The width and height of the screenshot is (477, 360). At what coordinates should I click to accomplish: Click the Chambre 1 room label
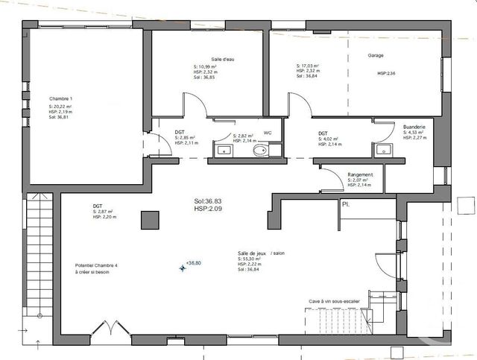pyautogui.click(x=60, y=99)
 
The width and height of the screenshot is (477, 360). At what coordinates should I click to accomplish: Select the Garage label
pyautogui.click(x=376, y=56)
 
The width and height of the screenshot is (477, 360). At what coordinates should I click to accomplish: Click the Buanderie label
pyautogui.click(x=414, y=127)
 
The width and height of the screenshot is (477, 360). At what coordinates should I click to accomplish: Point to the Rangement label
pyautogui.click(x=361, y=174)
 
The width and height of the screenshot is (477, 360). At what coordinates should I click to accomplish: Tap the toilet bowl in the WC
pyautogui.click(x=259, y=151)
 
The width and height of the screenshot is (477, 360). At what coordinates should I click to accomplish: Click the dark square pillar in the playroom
pyautogui.click(x=150, y=220)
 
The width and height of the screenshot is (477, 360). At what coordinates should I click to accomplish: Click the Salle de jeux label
pyautogui.click(x=252, y=253)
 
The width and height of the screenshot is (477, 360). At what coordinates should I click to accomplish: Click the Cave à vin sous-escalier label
pyautogui.click(x=334, y=301)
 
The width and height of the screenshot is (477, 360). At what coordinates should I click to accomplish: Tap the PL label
pyautogui.click(x=346, y=203)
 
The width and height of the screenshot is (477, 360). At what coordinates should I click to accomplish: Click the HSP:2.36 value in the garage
pyautogui.click(x=386, y=74)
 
